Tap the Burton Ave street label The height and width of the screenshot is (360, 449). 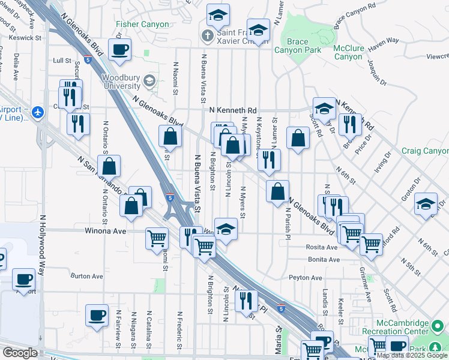pyautogui.click(x=87, y=277)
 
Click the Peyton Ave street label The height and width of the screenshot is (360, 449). pyautogui.click(x=306, y=278)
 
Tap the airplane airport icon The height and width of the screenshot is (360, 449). pyautogui.click(x=38, y=112)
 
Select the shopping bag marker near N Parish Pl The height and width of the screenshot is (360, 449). pyautogui.click(x=277, y=192)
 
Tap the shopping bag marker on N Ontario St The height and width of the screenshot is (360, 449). pyautogui.click(x=109, y=166)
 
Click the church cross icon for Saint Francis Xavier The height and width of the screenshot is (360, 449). pyautogui.click(x=208, y=35)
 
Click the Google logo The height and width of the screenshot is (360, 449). pyautogui.click(x=19, y=353)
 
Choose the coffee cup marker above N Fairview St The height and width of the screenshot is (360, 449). pyautogui.click(x=97, y=315)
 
